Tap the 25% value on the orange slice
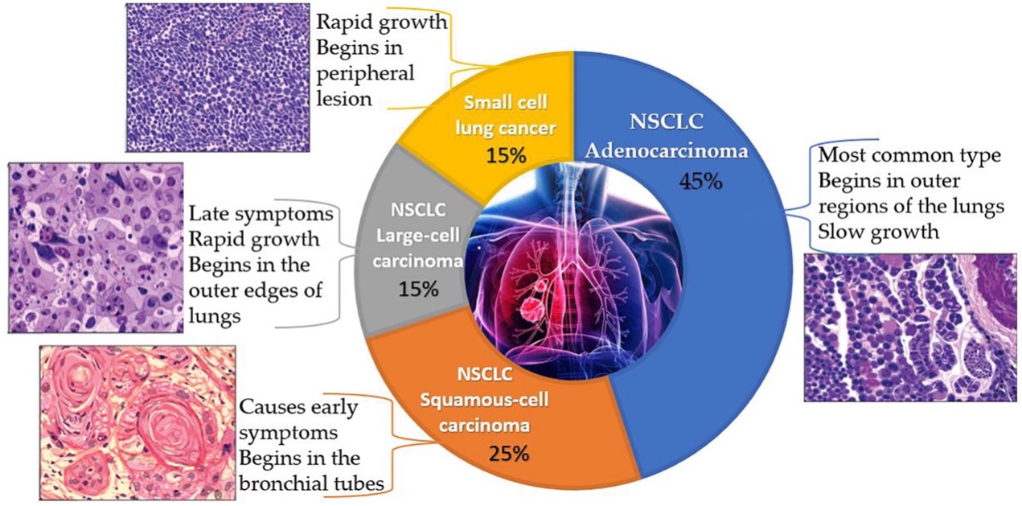click(508, 453)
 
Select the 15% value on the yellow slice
click(506, 154)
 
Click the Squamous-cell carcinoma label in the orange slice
click(496, 406)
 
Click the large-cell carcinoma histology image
click(96, 248)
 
